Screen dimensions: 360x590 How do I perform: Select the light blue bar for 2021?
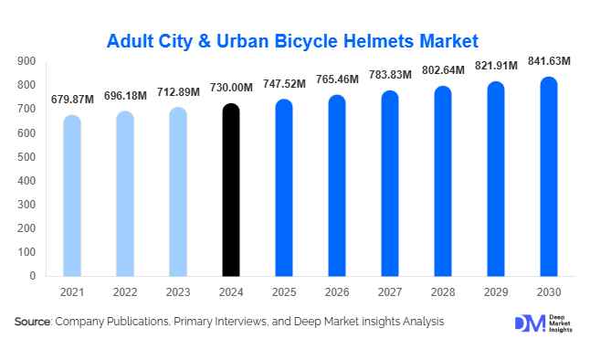[x=72, y=196]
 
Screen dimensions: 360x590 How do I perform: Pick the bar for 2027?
[x=390, y=183]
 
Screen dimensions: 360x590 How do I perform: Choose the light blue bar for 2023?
[x=178, y=192]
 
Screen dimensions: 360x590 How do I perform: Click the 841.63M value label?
[x=549, y=61]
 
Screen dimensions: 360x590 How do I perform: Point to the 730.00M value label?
[x=231, y=89]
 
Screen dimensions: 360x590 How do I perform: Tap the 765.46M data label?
[x=337, y=80]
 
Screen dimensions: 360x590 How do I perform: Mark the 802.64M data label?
[x=443, y=72]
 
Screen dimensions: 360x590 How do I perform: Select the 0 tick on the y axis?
[x=32, y=276]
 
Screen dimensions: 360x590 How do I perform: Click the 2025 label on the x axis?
[x=284, y=291]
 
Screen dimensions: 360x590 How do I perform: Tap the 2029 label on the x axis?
[x=496, y=291]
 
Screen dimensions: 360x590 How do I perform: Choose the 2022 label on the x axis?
[x=125, y=291]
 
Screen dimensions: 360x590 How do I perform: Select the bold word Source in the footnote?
[x=33, y=322]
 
